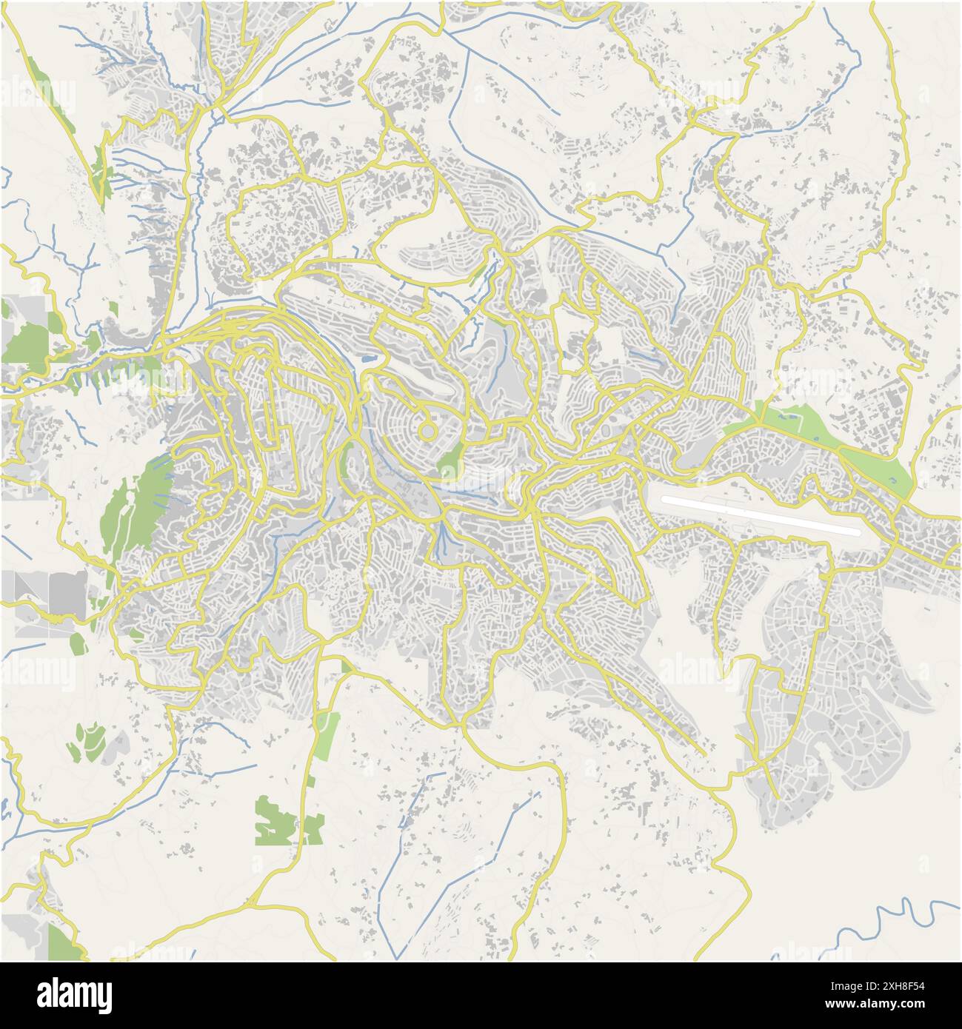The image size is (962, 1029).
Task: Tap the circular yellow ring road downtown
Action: click(427, 430)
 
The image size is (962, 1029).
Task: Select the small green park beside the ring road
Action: click(450, 462)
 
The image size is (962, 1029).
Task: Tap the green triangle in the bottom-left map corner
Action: click(63, 942)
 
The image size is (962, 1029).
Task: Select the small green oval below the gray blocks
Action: click(79, 643)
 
